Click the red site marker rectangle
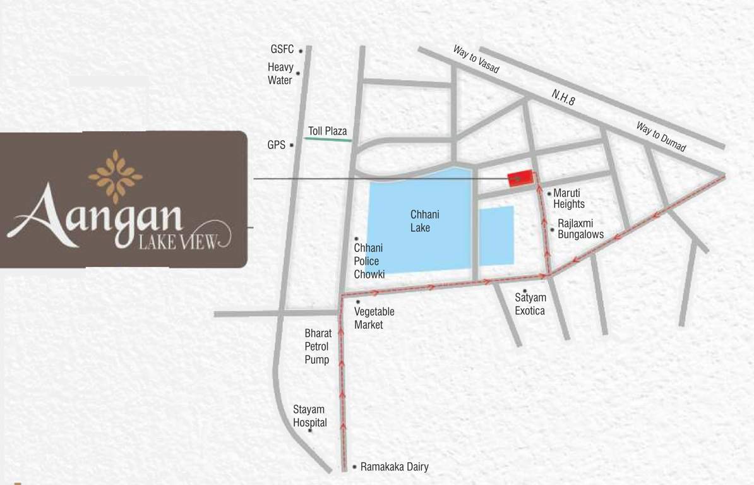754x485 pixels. coord(520,179)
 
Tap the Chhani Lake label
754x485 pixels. coord(424,221)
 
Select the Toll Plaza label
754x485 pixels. coord(327,131)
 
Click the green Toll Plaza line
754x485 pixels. coord(328,140)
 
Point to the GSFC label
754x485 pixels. coord(282,50)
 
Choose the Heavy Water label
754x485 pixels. coord(280,73)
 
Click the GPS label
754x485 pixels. coord(277,145)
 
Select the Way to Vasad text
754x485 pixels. coord(476,59)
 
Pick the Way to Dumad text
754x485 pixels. coord(661,137)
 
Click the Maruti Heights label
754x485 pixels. coord(568,198)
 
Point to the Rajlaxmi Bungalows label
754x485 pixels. coord(580,229)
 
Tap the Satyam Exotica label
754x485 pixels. coord(530,304)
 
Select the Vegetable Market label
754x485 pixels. coord(374,318)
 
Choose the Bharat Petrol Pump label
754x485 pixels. coord(318,347)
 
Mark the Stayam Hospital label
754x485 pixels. coord(309,416)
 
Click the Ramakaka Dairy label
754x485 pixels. coord(394,467)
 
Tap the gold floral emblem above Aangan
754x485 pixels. coord(115,168)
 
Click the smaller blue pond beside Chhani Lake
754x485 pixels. coord(496,235)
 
